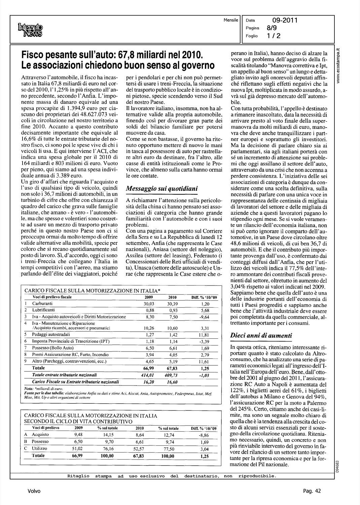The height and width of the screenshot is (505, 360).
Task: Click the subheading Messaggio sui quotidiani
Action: tap(161, 189)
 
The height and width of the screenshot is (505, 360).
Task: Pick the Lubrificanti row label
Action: tap(43, 310)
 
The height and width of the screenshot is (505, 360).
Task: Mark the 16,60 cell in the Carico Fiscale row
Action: tap(172, 382)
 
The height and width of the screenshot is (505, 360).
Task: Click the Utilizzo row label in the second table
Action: tap(40, 449)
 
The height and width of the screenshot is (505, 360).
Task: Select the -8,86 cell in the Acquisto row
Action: tap(204, 435)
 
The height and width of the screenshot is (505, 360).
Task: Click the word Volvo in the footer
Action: tap(34, 491)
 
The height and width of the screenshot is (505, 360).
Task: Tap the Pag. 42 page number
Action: tap(312, 491)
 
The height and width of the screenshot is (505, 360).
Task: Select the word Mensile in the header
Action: tap(231, 20)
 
